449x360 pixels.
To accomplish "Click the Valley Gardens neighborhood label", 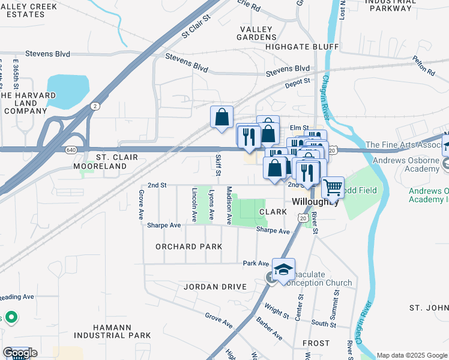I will click(258, 33).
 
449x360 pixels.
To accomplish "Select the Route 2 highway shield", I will click(95, 106).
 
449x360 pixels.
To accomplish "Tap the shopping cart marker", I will click(333, 188).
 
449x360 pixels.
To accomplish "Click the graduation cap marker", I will click(283, 270).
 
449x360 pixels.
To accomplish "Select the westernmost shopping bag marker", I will click(221, 117).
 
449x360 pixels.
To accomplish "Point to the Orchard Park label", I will click(188, 247).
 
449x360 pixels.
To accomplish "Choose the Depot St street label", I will click(297, 81).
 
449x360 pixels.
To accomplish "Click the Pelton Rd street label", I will click(423, 65).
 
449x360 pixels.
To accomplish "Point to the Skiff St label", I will click(218, 165).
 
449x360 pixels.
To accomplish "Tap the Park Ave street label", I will click(255, 263).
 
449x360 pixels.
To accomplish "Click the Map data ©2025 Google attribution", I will click(411, 355).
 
